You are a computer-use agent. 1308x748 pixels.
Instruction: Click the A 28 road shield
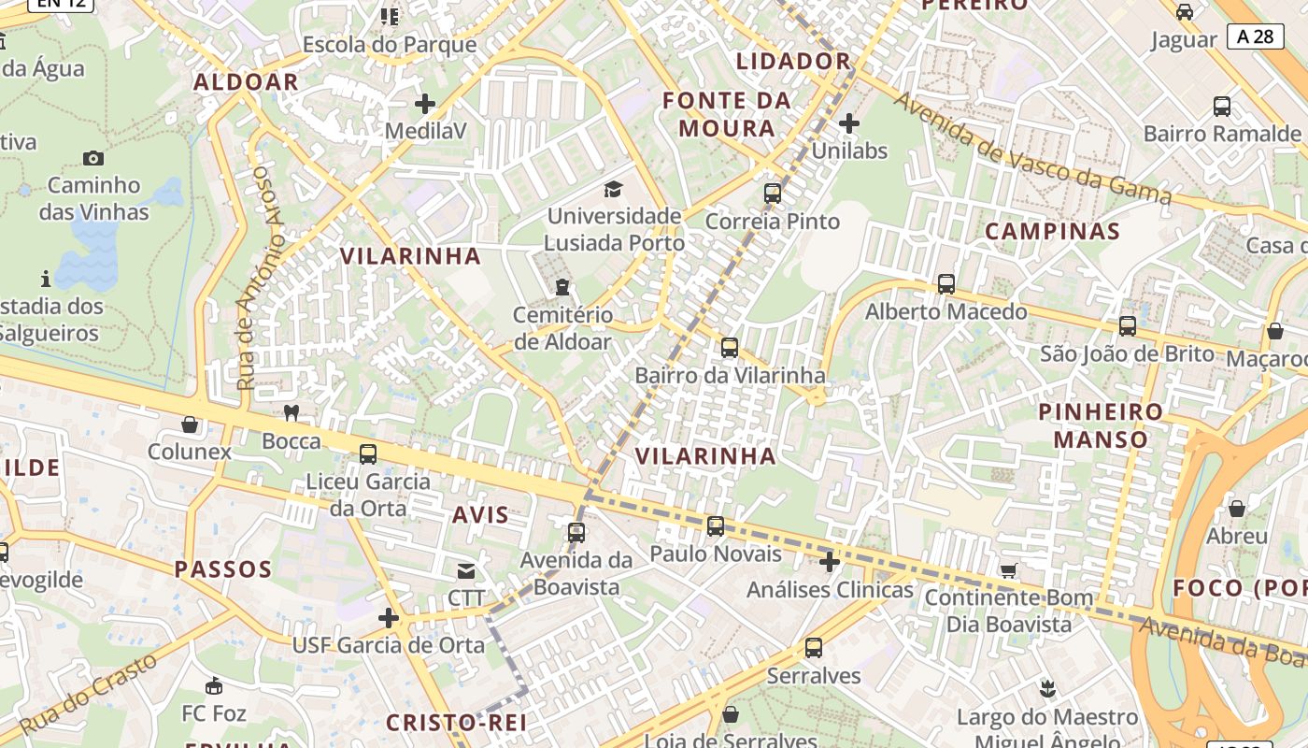[x=1255, y=36]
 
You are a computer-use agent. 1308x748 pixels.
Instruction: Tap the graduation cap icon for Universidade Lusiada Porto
[x=613, y=190]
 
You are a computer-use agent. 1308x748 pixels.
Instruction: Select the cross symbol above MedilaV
[x=425, y=104]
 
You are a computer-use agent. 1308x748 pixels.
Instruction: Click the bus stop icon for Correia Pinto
[x=773, y=194]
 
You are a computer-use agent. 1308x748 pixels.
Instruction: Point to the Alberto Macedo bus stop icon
[x=946, y=284]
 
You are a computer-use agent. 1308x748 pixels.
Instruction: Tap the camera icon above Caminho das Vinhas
[x=93, y=158]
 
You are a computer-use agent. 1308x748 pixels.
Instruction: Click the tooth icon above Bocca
[x=291, y=412]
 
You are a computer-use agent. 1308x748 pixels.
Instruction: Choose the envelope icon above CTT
[x=465, y=570]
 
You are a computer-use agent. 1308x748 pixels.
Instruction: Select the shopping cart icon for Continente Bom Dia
[x=1009, y=569]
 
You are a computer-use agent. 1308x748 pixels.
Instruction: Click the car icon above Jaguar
[x=1185, y=12]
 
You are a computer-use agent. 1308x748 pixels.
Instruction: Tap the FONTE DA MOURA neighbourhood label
[x=727, y=114]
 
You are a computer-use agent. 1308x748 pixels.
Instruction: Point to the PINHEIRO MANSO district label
[x=1101, y=425]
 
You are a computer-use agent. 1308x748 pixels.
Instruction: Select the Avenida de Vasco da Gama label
[x=1032, y=149]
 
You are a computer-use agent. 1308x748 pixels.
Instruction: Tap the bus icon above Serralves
[x=814, y=647]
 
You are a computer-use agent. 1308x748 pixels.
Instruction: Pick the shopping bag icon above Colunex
[x=190, y=424]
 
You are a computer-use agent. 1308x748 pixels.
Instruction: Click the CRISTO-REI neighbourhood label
[x=456, y=722]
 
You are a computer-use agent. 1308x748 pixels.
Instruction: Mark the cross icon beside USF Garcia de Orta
[x=389, y=618]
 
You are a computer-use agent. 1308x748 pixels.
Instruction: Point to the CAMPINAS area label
[x=1052, y=231]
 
